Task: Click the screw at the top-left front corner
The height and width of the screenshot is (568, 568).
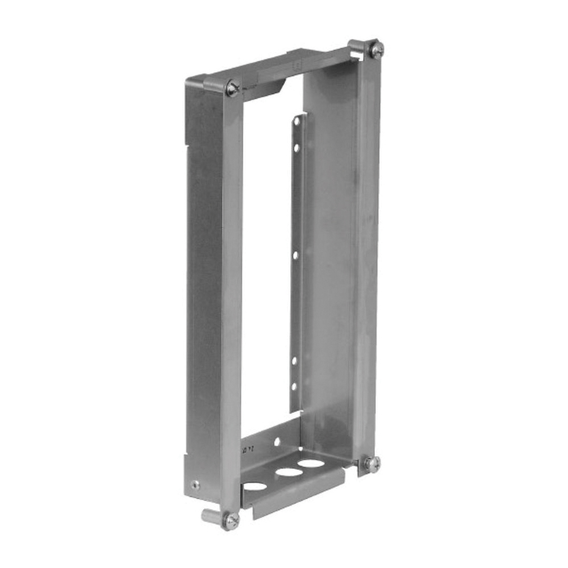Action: tap(232, 88)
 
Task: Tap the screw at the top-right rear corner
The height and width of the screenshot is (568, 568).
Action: tap(375, 49)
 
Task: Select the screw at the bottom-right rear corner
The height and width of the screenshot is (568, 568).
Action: tap(372, 463)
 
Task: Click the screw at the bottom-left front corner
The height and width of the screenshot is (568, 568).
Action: tap(231, 520)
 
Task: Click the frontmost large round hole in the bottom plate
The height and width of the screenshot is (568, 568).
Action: tap(255, 486)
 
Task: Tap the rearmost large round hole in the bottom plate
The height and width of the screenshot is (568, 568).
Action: tap(311, 463)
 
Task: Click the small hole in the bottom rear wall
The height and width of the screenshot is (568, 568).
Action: tap(277, 441)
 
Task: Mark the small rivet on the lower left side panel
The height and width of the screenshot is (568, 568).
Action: tap(195, 485)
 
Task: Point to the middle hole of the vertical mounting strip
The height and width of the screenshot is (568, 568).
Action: tap(295, 255)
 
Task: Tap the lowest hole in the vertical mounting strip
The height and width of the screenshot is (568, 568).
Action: tap(294, 386)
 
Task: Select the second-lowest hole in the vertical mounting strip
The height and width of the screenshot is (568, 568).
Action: tap(294, 360)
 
